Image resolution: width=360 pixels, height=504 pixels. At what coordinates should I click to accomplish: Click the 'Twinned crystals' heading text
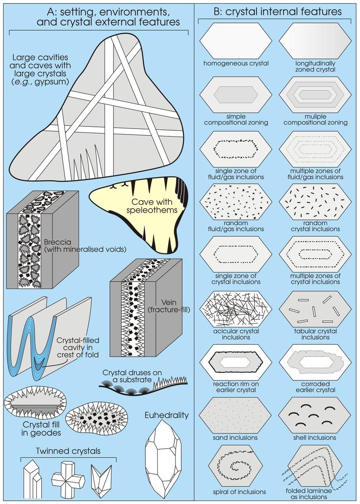click(x=68, y=451)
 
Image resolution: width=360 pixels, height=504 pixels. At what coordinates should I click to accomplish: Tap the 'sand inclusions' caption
click(x=236, y=437)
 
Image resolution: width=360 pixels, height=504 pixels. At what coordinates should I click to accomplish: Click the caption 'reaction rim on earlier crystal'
click(x=236, y=387)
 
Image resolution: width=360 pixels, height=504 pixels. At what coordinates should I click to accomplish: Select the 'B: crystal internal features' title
click(x=277, y=12)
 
